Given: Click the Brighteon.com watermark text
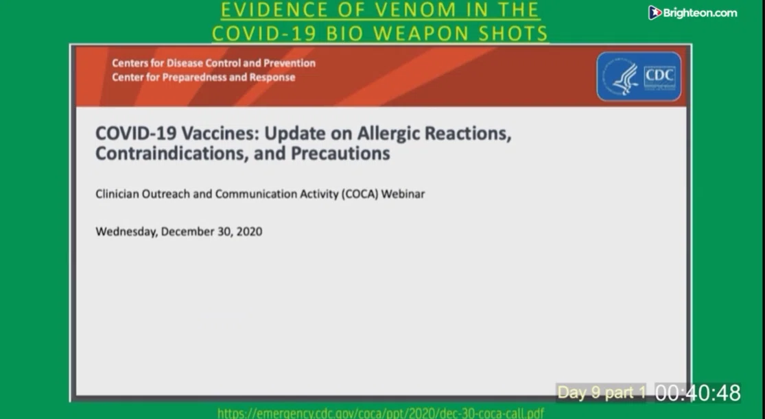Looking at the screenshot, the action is point(700,13).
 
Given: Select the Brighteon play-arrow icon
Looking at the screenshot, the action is point(655,12).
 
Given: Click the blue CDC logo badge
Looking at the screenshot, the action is point(639,77).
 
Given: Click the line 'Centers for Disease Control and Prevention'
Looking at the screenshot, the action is point(213,63).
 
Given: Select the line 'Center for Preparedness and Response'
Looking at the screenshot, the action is point(204,77).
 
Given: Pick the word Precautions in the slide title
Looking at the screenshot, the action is point(340,153).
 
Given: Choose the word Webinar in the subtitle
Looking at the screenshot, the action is point(403,194).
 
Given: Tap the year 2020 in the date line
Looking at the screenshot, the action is point(249,231).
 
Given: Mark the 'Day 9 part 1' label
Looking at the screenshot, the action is point(602,393).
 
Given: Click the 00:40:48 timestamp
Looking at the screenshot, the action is point(698,393).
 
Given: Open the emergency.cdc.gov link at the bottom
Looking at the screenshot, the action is point(381,414).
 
